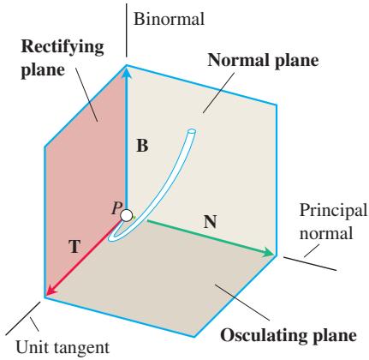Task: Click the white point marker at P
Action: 126,215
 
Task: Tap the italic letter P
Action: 116,208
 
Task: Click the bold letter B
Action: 142,146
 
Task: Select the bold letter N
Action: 211,222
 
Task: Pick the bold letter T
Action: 75,246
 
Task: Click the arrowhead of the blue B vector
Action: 126,71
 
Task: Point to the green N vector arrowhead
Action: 268,253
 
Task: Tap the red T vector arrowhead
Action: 51,291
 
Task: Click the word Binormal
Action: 169,20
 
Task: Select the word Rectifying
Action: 62,48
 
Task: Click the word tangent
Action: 81,348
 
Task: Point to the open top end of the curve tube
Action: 191,132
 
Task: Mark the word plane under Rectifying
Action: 43,70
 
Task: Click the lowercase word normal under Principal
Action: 326,233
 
